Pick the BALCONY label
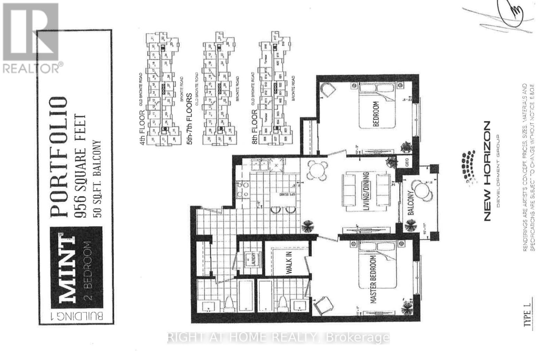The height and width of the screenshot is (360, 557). pyautogui.click(x=410, y=203)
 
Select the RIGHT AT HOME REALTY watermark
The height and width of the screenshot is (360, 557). pyautogui.click(x=278, y=337)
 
